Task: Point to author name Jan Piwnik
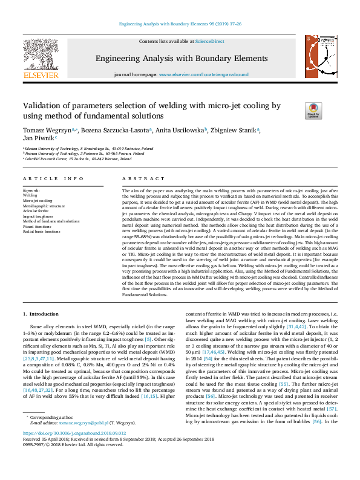coord(38,138)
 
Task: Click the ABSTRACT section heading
coord(141,179)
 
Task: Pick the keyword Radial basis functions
coord(41,232)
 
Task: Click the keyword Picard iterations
coord(38,226)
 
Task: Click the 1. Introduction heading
coord(41,314)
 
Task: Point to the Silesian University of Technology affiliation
coord(88,148)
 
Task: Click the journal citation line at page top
coord(180,24)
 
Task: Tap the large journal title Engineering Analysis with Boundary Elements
coord(180,58)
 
